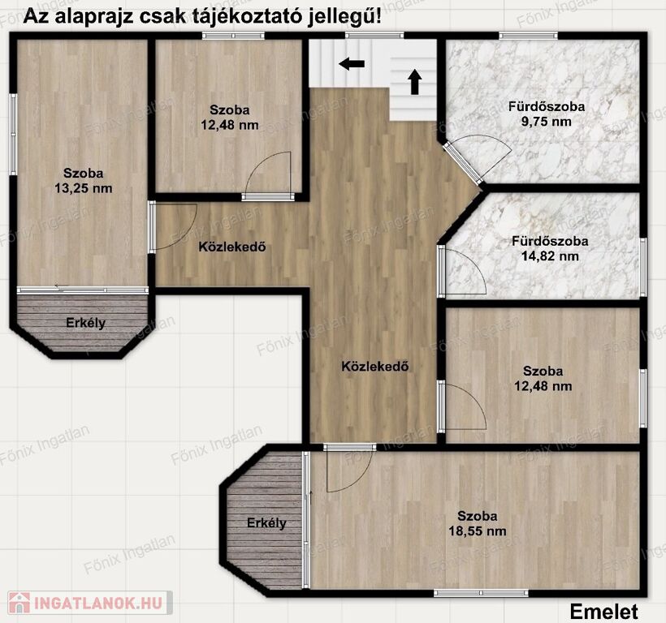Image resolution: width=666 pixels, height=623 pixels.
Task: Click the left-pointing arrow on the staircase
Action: click(352, 64)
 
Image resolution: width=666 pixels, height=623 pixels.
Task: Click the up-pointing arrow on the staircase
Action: click(414, 82)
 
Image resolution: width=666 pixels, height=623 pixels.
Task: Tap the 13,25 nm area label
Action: click(83, 188)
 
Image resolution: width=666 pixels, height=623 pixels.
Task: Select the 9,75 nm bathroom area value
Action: click(547, 122)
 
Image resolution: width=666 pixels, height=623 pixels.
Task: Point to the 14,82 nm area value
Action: click(550, 256)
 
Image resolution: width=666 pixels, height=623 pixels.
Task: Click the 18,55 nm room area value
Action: click(478, 531)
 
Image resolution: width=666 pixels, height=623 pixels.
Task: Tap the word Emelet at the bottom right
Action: click(603, 612)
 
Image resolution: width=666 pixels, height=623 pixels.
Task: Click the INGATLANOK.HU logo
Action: click(90, 603)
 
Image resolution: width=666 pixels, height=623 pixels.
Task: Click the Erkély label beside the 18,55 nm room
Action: click(266, 523)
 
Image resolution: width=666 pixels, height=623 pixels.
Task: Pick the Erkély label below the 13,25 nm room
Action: click(85, 323)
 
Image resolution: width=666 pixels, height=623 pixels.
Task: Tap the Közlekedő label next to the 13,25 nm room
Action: click(232, 247)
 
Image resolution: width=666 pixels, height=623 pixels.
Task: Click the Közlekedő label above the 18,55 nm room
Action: click(375, 366)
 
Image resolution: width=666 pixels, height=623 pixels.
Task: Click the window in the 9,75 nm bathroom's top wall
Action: click(528, 36)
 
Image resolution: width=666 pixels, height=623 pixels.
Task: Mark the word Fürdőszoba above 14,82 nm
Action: click(550, 241)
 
